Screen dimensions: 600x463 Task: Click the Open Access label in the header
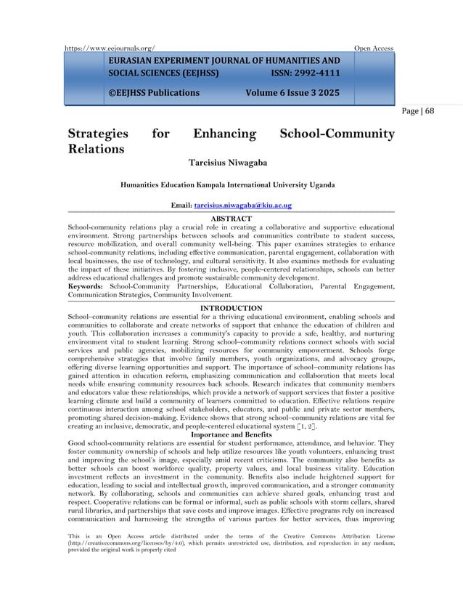[373, 48]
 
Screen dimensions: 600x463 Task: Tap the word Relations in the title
[95, 150]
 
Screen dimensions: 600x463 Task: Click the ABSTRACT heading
[231, 218]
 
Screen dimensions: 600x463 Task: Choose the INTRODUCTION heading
[231, 308]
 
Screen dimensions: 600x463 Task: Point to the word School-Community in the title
[337, 134]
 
